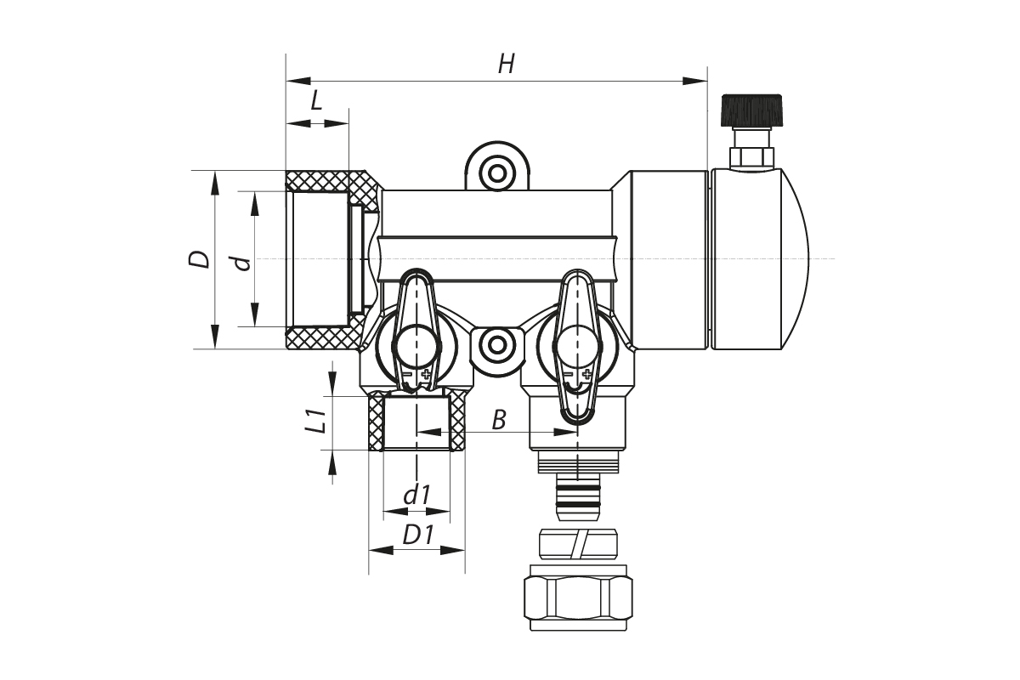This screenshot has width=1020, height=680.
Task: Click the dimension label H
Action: pos(507,64)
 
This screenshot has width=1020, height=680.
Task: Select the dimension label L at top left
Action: pos(316,101)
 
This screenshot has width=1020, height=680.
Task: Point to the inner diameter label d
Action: pos(244,263)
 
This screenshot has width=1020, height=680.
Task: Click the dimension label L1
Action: pos(315,422)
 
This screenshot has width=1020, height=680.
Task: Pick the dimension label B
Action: pos(499,419)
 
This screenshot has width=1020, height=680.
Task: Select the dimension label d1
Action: pos(416,495)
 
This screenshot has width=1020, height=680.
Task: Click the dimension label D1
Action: pos(418,535)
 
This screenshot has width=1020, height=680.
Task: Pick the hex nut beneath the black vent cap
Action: pos(753,156)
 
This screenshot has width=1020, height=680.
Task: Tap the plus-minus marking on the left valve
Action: pos(416,374)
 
